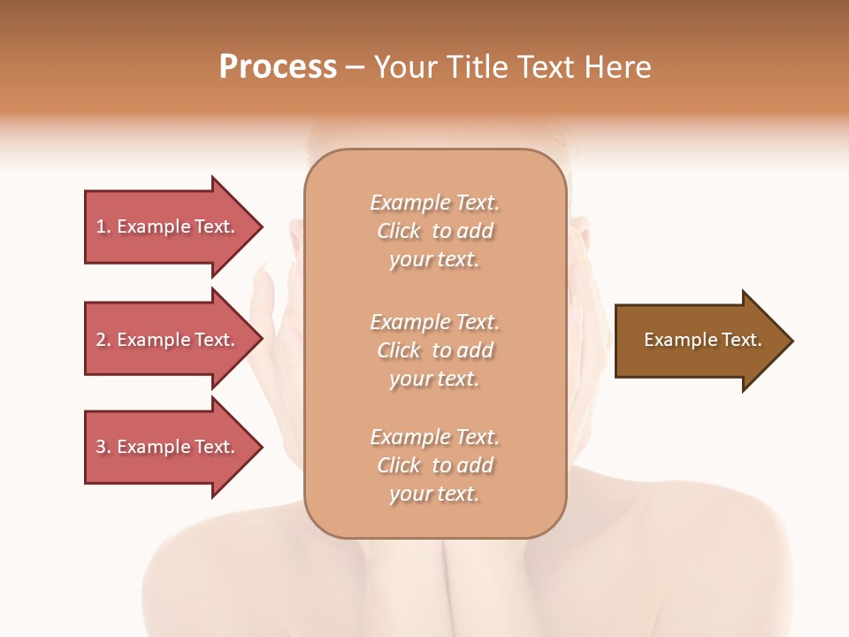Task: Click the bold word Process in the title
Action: point(278,67)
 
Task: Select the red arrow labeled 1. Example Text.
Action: point(166,226)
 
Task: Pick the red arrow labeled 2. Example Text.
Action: point(166,340)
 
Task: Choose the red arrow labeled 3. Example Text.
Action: point(166,447)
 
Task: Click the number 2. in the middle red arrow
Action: point(103,340)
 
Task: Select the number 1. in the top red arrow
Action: point(103,226)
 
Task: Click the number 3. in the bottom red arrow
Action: point(103,447)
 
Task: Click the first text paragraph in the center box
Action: point(434,231)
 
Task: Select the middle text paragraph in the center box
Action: point(434,350)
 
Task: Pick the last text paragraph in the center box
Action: point(434,465)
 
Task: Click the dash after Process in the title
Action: point(355,68)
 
